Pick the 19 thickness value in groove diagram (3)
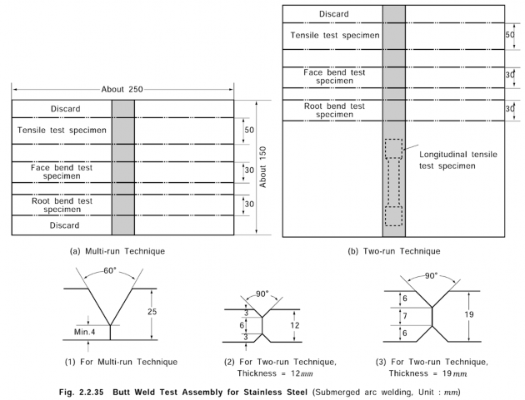coord(470,315)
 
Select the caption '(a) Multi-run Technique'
coord(122,249)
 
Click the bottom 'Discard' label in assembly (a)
coord(62,225)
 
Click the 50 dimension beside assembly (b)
coord(511,37)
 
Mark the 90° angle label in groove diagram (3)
coord(432,275)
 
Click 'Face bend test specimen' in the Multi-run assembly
coord(62,172)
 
